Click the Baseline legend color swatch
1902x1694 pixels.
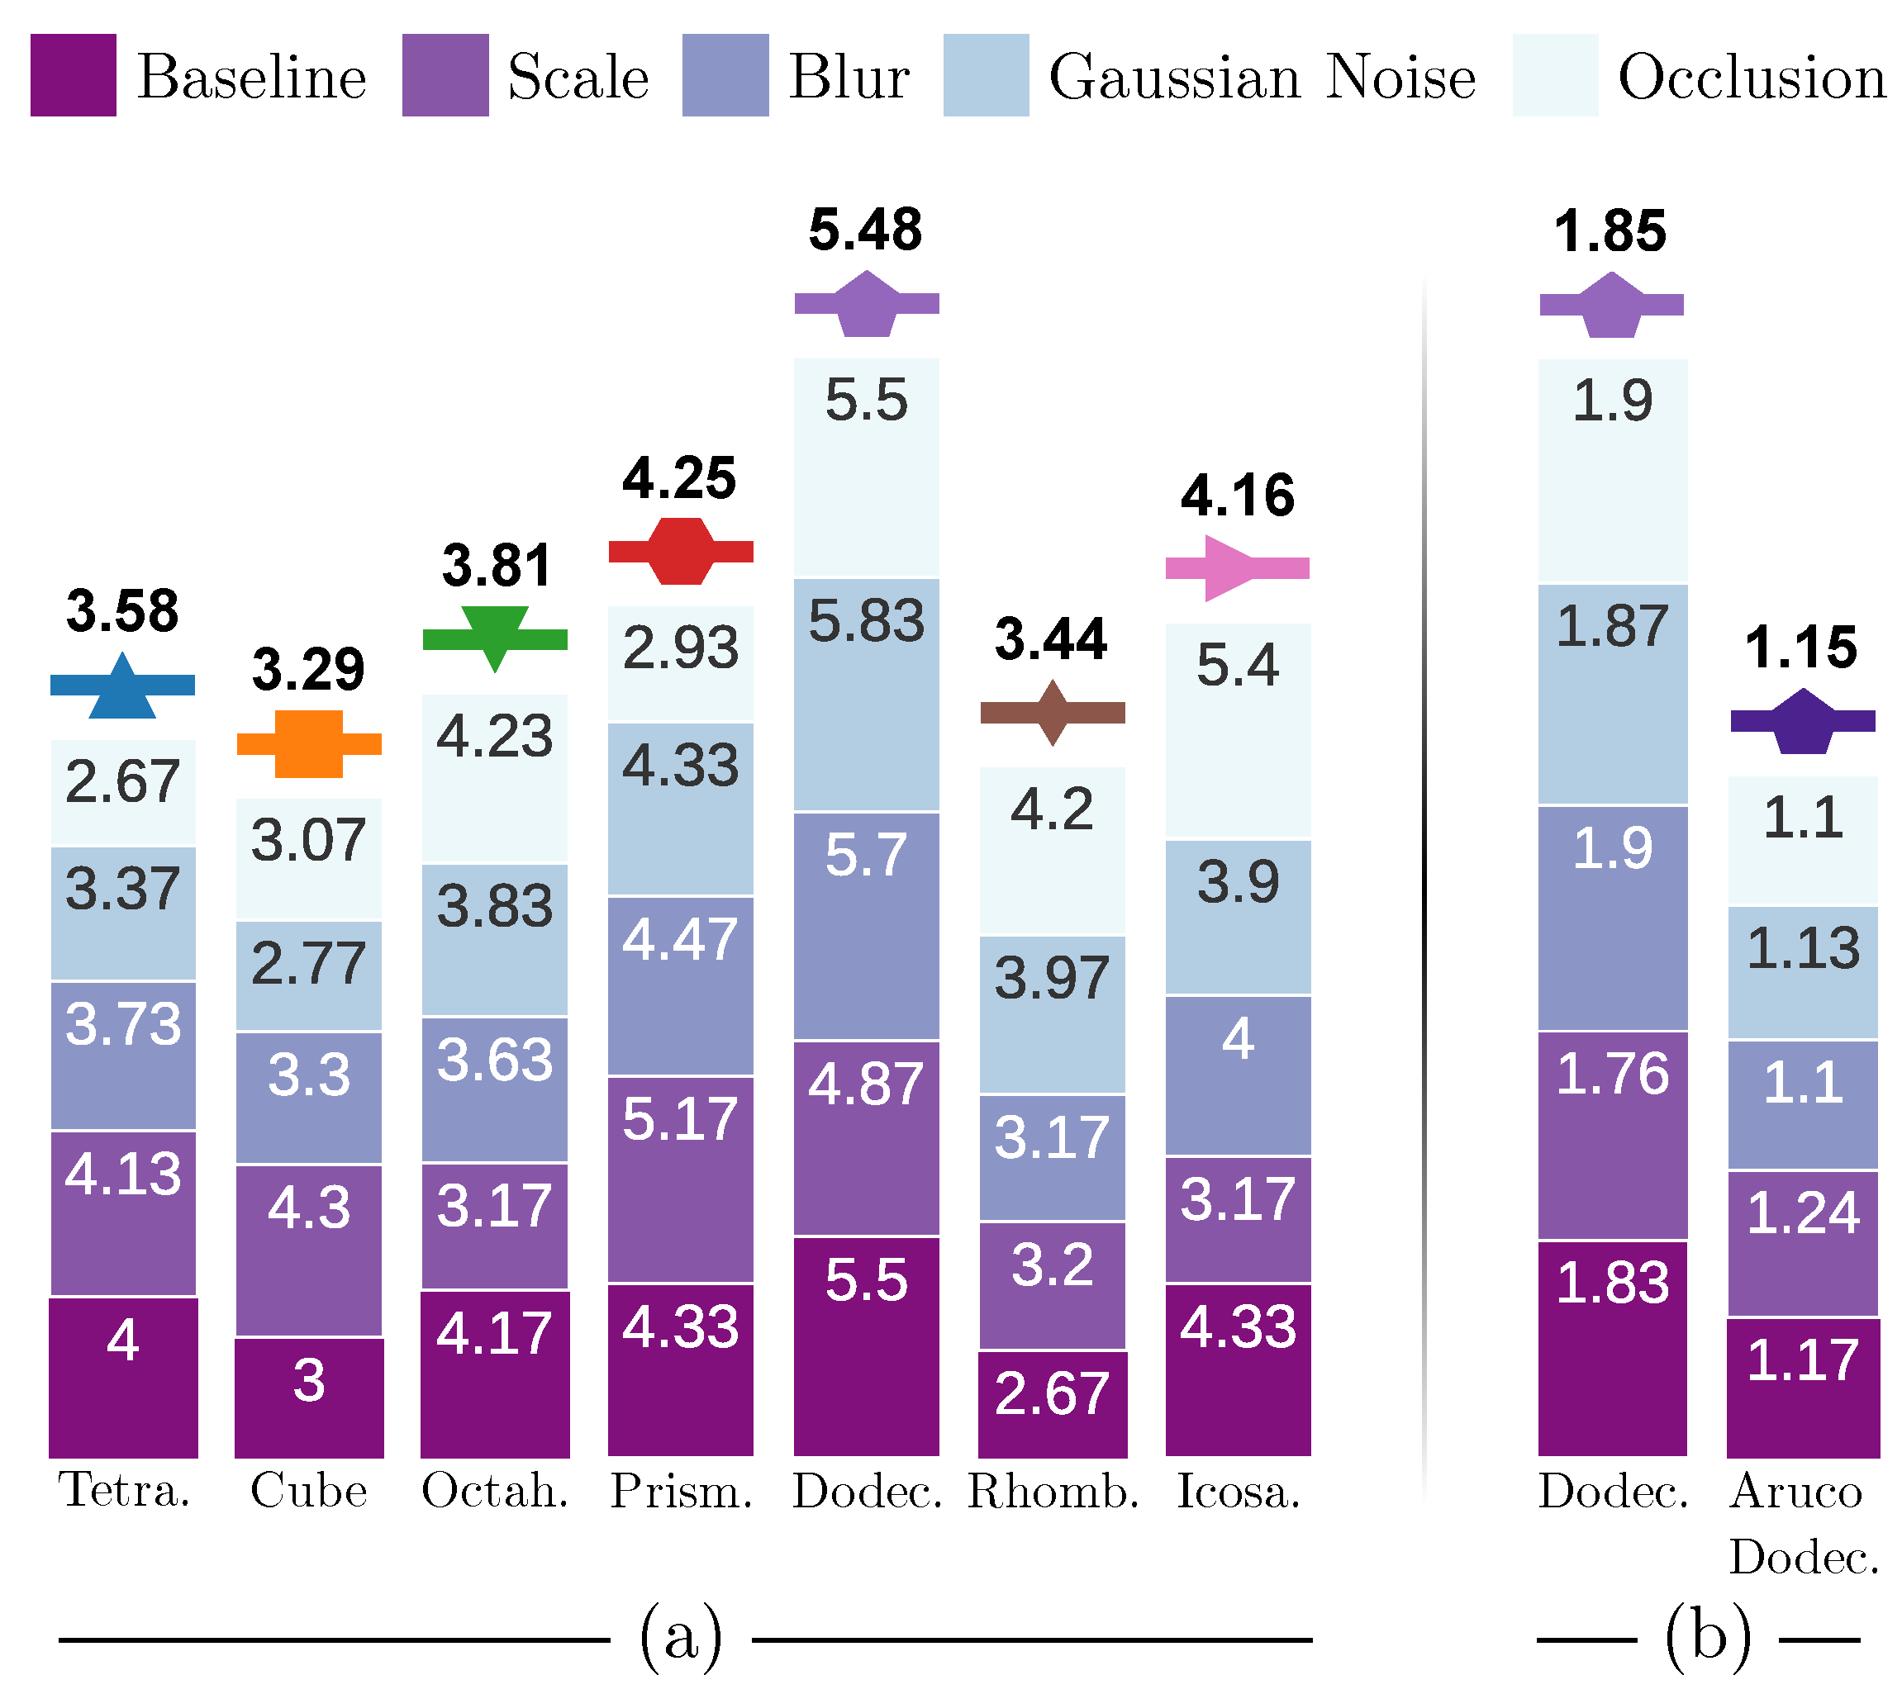click(73, 75)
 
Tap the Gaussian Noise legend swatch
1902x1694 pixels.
click(986, 75)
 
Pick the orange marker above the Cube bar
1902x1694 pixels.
click(309, 743)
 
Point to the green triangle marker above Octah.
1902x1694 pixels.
click(495, 638)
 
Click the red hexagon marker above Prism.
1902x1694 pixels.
click(681, 551)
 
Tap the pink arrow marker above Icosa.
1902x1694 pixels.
click(1236, 567)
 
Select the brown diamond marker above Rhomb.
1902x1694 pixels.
click(1052, 713)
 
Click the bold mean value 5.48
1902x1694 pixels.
click(865, 230)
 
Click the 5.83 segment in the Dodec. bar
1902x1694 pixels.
click(866, 695)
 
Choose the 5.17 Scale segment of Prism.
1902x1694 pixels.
click(681, 1179)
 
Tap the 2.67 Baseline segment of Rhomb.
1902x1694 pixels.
click(1052, 1403)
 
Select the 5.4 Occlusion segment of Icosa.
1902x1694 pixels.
click(1237, 732)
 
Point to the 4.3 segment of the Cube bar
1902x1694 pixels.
click(309, 1250)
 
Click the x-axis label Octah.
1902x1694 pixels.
click(494, 1491)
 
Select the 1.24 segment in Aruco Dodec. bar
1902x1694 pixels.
click(1802, 1242)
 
